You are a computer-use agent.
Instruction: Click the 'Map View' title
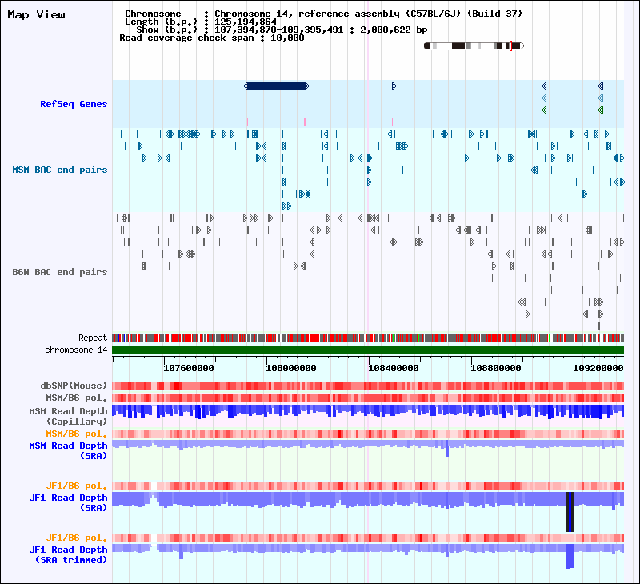tap(36, 15)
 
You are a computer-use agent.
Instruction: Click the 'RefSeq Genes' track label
tap(74, 104)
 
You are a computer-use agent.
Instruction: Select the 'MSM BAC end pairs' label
tap(60, 170)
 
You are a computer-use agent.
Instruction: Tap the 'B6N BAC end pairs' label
tap(60, 272)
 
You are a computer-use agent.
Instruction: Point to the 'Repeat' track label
tap(93, 338)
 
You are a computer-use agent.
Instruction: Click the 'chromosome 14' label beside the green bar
tap(76, 350)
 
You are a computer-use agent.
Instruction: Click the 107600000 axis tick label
tap(189, 368)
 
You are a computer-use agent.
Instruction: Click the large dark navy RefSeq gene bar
tap(276, 86)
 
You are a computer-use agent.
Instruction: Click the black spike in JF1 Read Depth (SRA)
tap(570, 511)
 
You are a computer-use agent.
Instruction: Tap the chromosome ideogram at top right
tap(474, 46)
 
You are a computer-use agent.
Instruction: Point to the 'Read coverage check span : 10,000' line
tap(211, 38)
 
